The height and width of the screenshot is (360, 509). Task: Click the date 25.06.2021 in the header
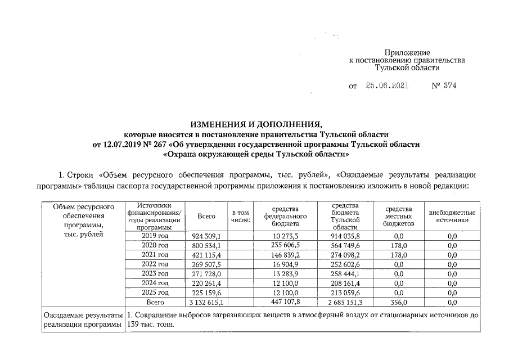click(387, 86)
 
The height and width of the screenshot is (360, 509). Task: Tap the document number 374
click(449, 86)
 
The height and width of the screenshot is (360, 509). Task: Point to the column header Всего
click(206, 216)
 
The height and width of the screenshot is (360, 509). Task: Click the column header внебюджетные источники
click(452, 217)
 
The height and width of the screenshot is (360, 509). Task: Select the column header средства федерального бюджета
click(285, 216)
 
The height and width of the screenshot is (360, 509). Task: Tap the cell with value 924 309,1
click(206, 236)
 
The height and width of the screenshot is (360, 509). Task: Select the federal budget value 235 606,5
click(285, 246)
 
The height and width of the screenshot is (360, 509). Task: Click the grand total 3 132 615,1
click(206, 302)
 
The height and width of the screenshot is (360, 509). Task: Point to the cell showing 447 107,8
click(285, 302)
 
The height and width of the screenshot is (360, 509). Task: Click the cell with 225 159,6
click(206, 292)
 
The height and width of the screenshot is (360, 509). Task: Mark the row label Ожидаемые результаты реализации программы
click(83, 321)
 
